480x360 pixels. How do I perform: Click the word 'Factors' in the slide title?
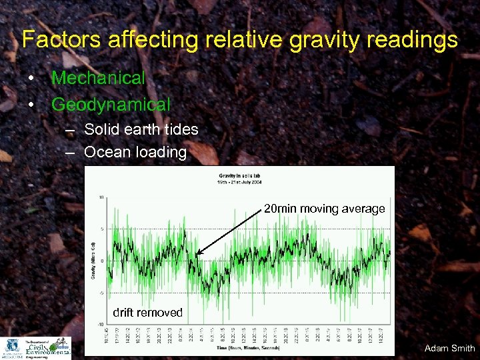(x=55, y=40)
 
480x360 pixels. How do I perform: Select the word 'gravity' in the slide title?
(x=301, y=40)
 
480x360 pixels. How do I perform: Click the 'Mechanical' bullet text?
(x=98, y=78)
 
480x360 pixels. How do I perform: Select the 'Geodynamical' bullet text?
(x=111, y=105)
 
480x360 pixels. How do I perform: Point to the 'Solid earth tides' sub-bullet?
(x=141, y=129)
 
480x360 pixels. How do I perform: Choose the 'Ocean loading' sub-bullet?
(x=135, y=152)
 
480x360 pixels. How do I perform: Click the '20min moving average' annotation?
(x=324, y=209)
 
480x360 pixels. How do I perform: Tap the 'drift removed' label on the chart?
(x=147, y=313)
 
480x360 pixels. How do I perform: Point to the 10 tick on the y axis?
(x=100, y=197)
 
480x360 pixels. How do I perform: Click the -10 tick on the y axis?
(x=99, y=324)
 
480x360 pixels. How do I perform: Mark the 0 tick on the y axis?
(x=101, y=261)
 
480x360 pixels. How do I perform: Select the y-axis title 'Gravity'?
(x=92, y=260)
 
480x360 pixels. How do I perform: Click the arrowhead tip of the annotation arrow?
(x=198, y=253)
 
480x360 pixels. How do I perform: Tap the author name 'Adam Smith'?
(x=449, y=348)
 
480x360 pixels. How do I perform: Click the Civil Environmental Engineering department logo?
(x=47, y=348)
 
